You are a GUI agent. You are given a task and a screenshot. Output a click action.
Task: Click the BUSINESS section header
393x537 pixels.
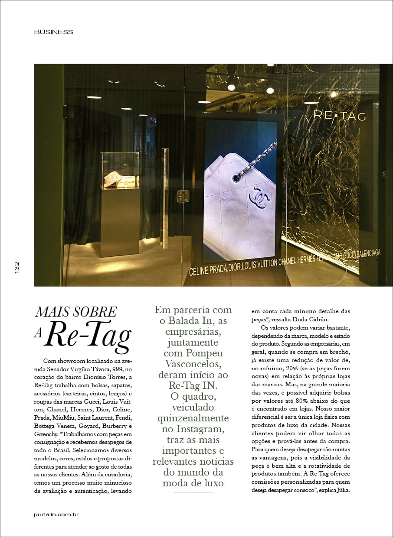(54, 32)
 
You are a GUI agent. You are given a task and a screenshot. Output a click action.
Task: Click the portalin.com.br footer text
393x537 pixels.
(56, 514)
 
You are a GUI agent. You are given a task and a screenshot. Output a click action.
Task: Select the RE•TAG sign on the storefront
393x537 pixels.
(339, 116)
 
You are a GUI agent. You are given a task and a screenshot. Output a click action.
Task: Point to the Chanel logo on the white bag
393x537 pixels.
(260, 197)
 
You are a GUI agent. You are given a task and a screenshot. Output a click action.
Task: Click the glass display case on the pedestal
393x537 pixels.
(121, 170)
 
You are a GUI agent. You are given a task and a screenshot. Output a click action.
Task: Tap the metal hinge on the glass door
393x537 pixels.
(183, 196)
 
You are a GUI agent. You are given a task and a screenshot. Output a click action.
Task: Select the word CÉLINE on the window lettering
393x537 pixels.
(201, 272)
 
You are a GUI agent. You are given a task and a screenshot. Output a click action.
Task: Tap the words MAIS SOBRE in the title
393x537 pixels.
(75, 311)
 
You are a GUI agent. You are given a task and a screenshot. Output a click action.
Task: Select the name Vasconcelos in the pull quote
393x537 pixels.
(193, 363)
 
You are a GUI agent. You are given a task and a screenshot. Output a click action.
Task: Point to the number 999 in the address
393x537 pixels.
(119, 369)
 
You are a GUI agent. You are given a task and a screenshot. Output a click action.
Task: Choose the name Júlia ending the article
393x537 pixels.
(341, 490)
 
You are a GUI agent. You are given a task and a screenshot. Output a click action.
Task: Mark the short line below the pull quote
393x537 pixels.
(193, 492)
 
